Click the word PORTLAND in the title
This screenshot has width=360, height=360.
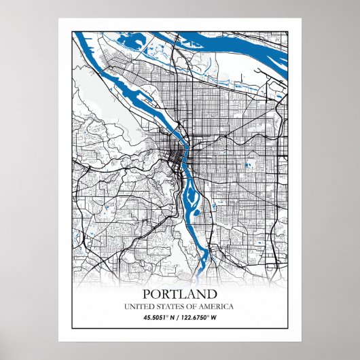pyautogui.click(x=180, y=295)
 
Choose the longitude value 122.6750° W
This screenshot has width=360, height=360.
pyautogui.click(x=202, y=317)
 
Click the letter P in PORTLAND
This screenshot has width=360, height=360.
pyautogui.click(x=147, y=295)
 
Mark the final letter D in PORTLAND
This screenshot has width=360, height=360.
pyautogui.click(x=213, y=295)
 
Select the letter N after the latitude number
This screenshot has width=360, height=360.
pyautogui.click(x=173, y=317)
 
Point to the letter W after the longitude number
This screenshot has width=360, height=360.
pyautogui.click(x=215, y=317)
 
